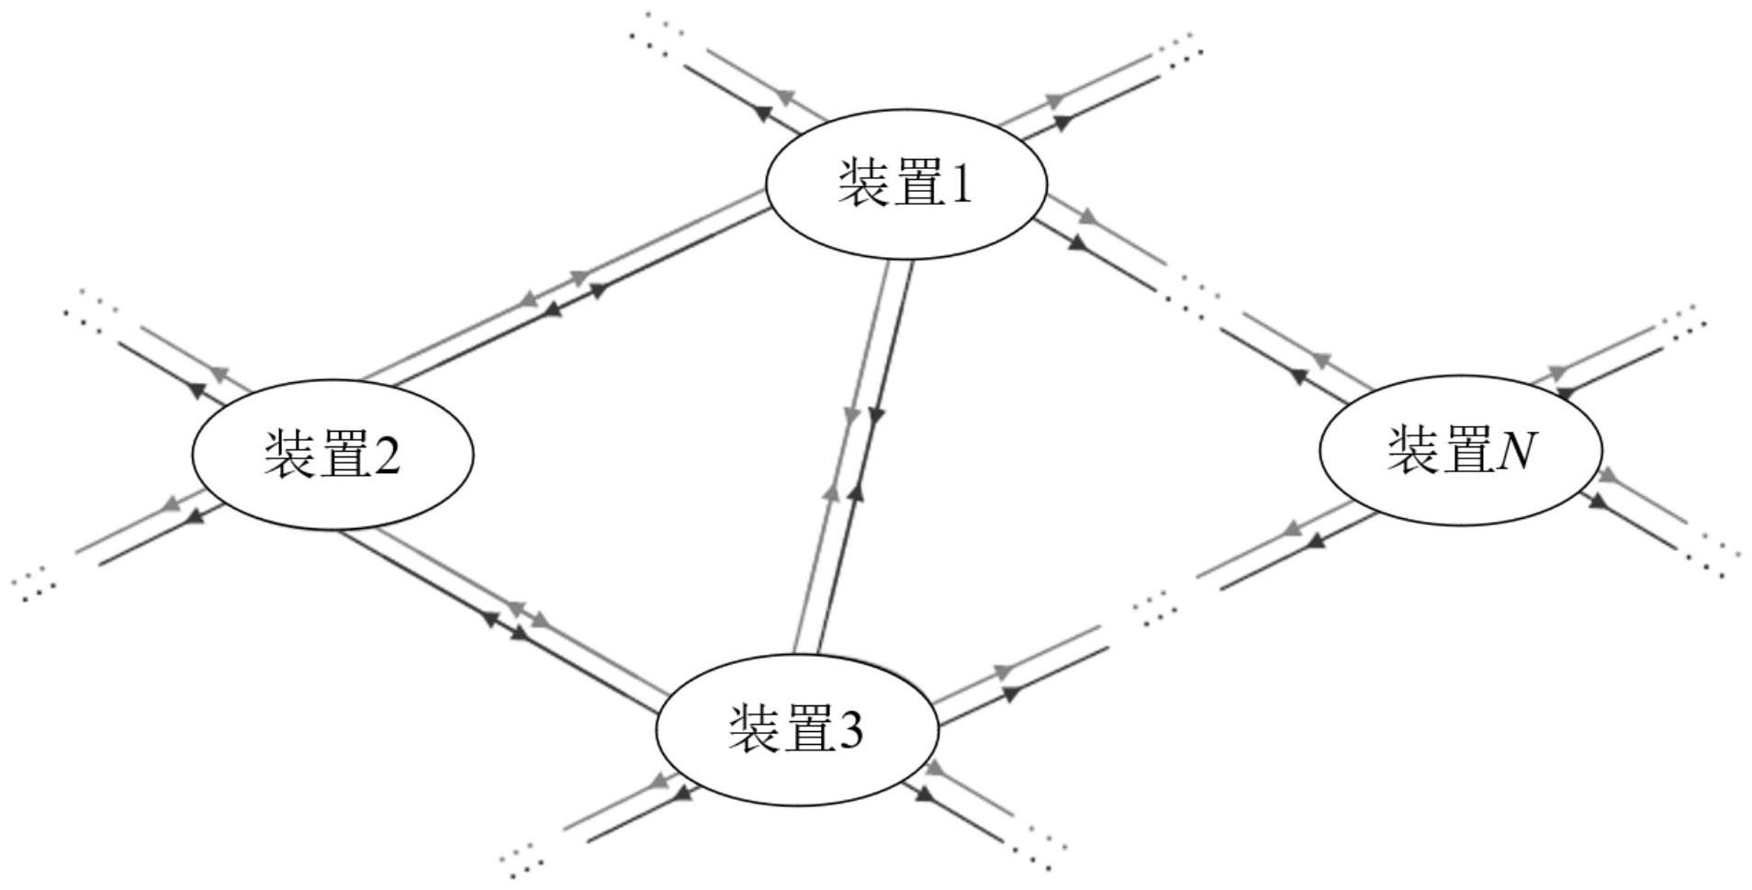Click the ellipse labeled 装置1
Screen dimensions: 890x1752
coord(906,184)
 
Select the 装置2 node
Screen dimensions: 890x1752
coord(332,454)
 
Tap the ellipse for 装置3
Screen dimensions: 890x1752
coord(797,729)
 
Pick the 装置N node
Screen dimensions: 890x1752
coord(1461,449)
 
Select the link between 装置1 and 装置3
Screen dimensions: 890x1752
coord(854,455)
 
